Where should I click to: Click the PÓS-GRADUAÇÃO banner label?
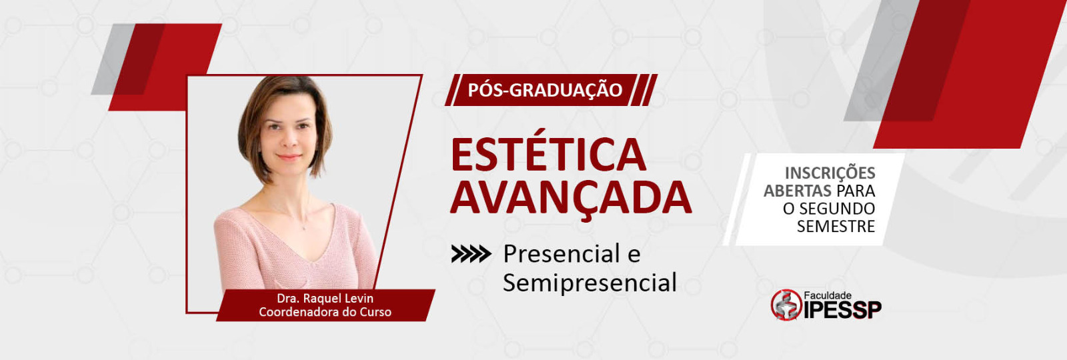click(545, 90)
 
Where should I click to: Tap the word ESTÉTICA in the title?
click(548, 155)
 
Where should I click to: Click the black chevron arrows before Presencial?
click(471, 254)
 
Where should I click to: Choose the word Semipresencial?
click(590, 283)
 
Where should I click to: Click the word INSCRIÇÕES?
click(830, 173)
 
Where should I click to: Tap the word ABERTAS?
click(798, 191)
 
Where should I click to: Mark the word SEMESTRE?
click(836, 226)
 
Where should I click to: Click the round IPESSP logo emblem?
click(786, 305)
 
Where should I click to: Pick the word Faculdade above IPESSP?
click(828, 296)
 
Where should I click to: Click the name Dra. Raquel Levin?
click(325, 299)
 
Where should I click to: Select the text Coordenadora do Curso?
click(325, 313)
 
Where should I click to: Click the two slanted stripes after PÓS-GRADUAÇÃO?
click(644, 90)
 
